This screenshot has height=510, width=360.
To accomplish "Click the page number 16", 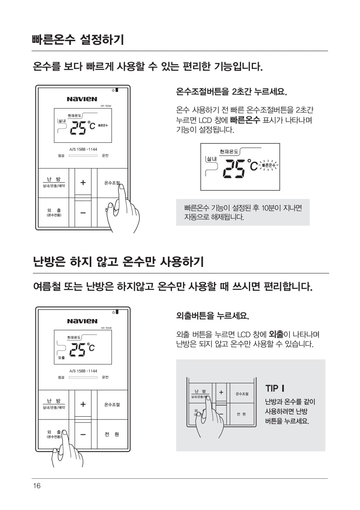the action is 37,486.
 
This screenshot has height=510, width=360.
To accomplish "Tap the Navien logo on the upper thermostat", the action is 82,99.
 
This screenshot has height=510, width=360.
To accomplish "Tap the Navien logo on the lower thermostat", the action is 82,321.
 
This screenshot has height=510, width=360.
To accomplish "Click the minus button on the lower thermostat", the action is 83,435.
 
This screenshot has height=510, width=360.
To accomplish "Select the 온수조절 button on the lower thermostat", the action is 112,405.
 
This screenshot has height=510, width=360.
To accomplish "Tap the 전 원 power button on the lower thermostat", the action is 112,434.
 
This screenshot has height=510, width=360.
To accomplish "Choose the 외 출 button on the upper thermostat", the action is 54,212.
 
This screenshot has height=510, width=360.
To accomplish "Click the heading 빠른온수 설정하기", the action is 78,39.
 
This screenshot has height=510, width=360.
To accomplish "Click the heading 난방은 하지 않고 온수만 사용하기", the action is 118,262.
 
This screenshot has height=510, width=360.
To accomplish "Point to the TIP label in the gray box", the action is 275,388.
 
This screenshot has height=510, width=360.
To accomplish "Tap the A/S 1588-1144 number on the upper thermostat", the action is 83,149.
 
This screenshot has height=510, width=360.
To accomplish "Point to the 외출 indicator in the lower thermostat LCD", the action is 61,358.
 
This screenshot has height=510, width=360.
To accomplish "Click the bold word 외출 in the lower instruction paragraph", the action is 276,334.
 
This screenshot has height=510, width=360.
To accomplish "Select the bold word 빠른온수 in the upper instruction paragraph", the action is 245,120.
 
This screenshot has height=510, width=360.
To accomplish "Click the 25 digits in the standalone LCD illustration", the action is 234,169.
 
